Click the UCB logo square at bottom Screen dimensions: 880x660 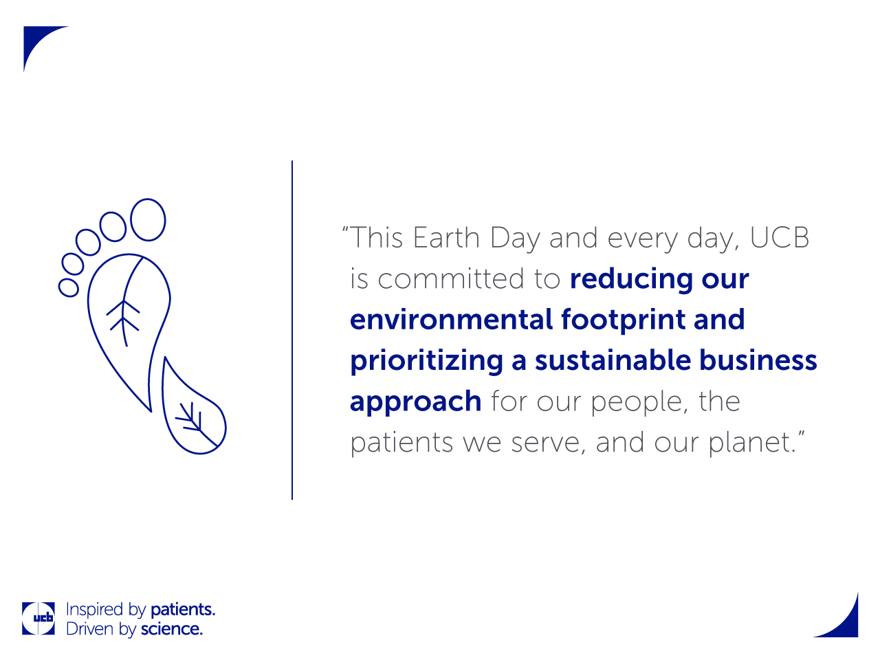click(38, 618)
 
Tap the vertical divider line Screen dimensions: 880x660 click(292, 330)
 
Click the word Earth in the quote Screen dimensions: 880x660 click(446, 238)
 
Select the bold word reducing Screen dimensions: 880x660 click(631, 279)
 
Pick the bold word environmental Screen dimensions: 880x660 click(451, 320)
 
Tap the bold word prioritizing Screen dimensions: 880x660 click(426, 361)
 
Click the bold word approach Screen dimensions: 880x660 click(415, 402)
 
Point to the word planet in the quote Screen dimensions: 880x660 click(749, 443)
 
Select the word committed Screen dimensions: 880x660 click(450, 278)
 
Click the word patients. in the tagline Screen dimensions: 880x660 click(183, 610)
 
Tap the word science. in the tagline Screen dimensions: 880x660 click(172, 629)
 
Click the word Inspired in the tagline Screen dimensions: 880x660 click(95, 610)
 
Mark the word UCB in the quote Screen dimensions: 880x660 click(780, 238)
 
